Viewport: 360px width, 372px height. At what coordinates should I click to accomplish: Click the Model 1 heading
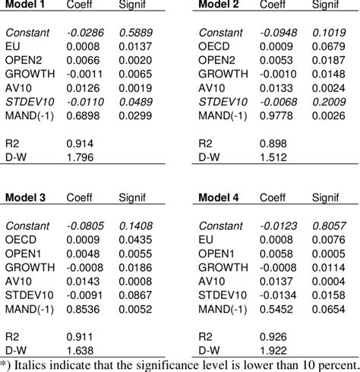click(x=27, y=5)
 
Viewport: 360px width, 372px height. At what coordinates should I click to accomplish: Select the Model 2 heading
click(x=219, y=5)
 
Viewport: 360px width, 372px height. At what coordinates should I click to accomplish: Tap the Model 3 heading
click(x=27, y=198)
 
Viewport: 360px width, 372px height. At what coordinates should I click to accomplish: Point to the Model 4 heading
click(x=219, y=198)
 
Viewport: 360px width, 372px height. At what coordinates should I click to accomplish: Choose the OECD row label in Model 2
click(x=214, y=47)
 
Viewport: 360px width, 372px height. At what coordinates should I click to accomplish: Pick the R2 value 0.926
click(x=273, y=335)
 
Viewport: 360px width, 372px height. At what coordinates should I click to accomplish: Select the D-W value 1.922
click(x=273, y=348)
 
